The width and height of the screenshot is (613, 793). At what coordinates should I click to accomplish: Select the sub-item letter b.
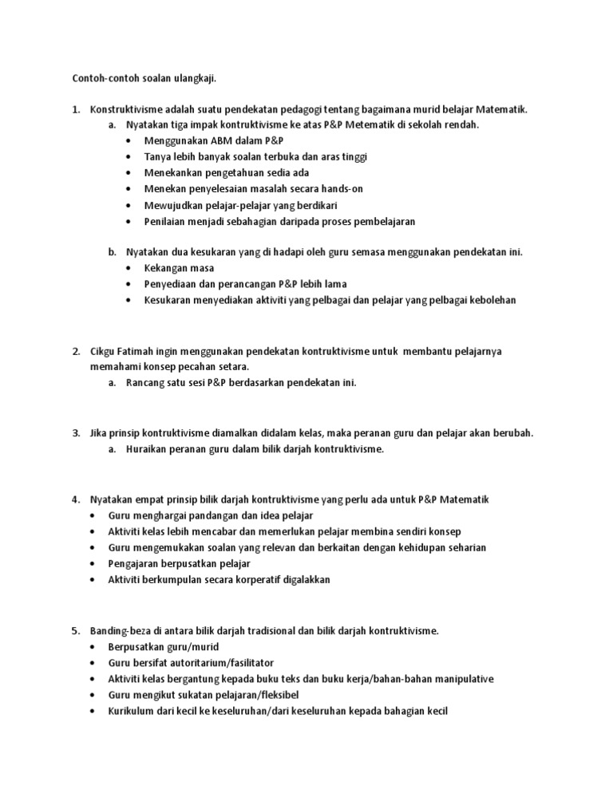(113, 252)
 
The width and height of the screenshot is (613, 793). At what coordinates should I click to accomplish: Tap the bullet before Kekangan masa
(130, 269)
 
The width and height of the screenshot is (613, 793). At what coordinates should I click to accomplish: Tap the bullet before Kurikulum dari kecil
(94, 711)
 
